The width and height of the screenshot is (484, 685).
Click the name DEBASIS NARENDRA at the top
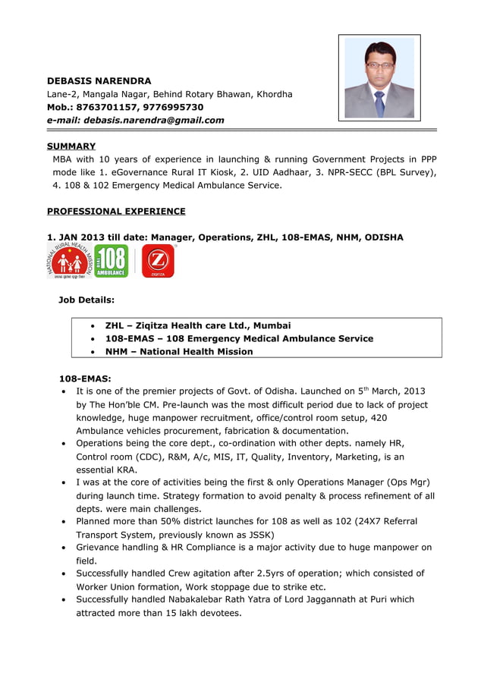99,80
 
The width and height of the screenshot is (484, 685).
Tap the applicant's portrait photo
379,78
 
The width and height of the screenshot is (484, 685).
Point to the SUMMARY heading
71,146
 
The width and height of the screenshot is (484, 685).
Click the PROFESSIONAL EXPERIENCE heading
116,211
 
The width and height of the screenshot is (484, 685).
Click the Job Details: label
86,300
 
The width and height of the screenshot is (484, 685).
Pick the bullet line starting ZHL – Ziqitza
197,325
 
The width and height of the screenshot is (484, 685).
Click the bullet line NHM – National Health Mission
179,351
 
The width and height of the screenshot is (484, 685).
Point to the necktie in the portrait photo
379,103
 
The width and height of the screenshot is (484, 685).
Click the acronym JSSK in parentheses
259,534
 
